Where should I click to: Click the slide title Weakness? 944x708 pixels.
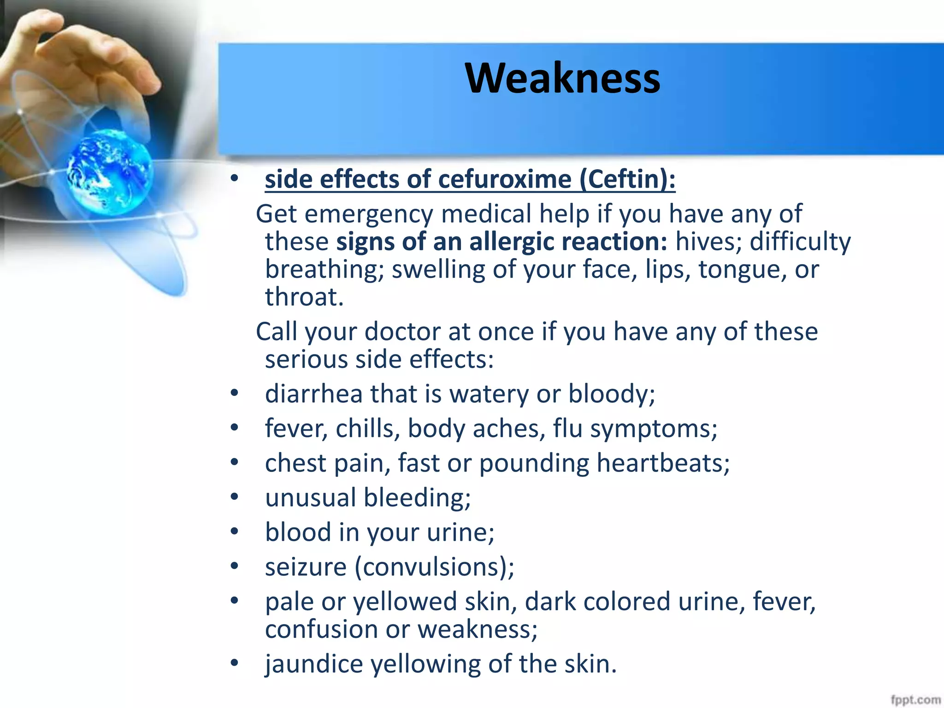coord(562,78)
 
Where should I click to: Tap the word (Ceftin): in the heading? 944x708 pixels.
coord(627,179)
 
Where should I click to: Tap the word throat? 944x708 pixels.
coord(304,297)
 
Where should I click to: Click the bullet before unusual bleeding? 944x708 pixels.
coord(235,497)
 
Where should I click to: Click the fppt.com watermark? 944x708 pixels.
coord(915,700)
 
